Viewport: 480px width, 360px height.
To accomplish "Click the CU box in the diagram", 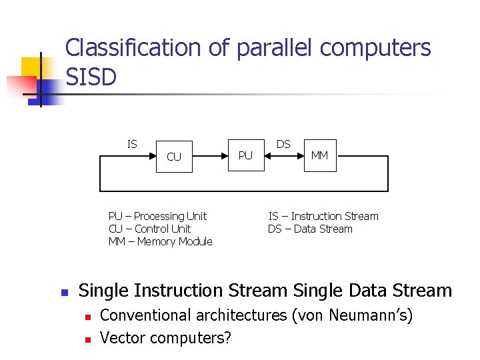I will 173,157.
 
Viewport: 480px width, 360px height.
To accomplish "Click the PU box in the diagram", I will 246,155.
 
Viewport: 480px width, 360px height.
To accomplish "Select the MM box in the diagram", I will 319,155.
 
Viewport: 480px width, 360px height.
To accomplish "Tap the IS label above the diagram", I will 132,144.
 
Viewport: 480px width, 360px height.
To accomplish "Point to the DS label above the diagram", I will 283,144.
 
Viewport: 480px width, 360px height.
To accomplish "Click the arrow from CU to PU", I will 209,156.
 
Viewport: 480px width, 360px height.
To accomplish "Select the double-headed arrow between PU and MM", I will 283,156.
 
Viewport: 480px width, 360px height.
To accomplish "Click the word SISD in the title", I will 91,77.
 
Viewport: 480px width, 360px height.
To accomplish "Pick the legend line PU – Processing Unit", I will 157,216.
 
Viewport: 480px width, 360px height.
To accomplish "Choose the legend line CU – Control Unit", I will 149,229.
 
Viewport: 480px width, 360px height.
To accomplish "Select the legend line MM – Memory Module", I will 160,241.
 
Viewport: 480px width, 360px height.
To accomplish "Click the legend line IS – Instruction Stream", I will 323,216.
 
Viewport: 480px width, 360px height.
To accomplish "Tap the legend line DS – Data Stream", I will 310,229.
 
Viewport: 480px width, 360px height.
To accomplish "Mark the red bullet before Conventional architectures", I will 87,316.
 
